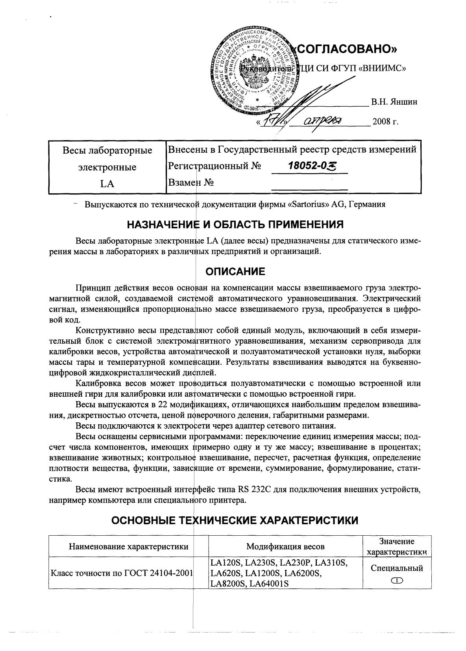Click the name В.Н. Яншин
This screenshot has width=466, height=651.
[394, 102]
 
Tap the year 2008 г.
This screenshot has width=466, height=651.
[385, 121]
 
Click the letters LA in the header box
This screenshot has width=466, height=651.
[107, 184]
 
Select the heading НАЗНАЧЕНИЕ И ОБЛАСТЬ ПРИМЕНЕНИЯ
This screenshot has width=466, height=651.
[235, 225]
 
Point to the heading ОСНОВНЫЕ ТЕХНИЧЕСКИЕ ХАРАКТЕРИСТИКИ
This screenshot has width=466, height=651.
[235, 521]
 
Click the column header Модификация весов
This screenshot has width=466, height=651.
[285, 546]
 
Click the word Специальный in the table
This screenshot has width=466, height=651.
[397, 568]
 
